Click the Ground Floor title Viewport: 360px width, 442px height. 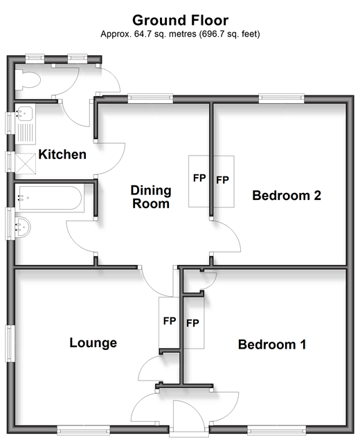[180, 21]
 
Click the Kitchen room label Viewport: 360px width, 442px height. [62, 154]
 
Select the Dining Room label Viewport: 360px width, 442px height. [151, 197]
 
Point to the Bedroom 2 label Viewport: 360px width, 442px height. [287, 195]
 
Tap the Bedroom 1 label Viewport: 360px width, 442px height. [272, 344]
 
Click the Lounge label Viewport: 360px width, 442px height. [93, 343]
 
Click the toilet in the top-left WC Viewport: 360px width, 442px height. [28, 80]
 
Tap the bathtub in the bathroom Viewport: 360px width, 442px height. [49, 198]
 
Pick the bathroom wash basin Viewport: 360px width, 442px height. [23, 227]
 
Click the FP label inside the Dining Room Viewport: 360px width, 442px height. [199, 178]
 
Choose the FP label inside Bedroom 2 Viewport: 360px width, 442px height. [222, 180]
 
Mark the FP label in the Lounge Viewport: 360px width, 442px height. [170, 321]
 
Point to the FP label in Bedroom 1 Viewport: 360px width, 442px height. [192, 323]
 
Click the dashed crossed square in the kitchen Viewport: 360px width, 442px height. [26, 163]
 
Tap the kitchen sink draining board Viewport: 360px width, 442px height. [26, 132]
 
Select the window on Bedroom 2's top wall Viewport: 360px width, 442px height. [282, 98]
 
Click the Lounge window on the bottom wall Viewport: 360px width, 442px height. [84, 430]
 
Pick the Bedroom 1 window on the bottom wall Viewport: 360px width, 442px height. [276, 430]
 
